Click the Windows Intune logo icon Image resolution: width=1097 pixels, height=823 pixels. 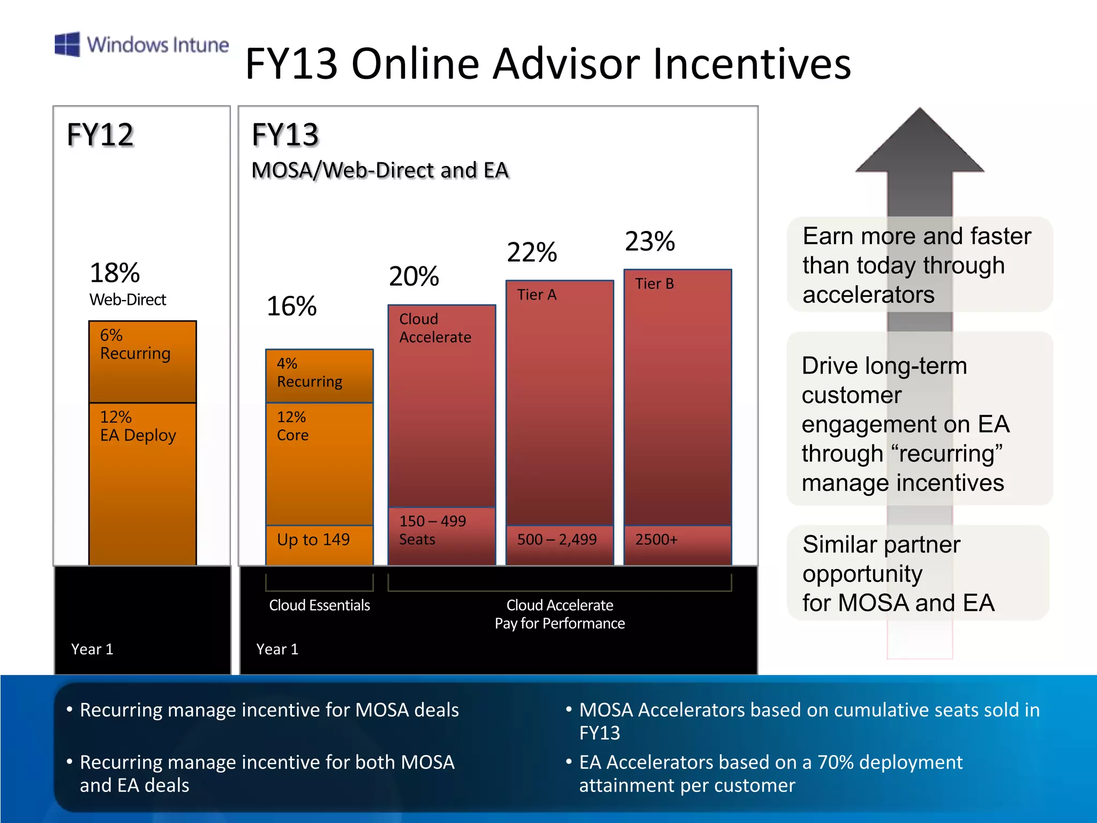(x=67, y=44)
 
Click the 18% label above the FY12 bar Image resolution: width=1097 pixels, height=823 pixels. (x=115, y=273)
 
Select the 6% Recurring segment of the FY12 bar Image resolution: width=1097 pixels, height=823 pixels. (x=142, y=362)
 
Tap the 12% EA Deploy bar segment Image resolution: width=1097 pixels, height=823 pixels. (x=142, y=482)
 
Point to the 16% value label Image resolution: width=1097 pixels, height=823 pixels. (x=292, y=306)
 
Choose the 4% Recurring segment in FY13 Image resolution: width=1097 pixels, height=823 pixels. (x=319, y=376)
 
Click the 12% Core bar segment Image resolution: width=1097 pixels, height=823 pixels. (x=319, y=463)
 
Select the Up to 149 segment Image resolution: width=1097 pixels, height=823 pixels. (x=319, y=544)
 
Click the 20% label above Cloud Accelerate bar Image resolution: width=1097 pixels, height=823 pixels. (x=414, y=276)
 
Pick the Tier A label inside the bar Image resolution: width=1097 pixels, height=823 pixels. (x=537, y=295)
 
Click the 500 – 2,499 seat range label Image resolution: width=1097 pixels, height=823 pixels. (x=557, y=540)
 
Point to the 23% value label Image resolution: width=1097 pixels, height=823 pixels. (x=650, y=241)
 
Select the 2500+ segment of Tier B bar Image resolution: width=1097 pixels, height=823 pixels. (x=677, y=544)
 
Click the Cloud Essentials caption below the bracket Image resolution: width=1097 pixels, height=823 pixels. (x=319, y=605)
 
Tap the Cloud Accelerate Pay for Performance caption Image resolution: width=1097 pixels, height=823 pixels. (x=560, y=614)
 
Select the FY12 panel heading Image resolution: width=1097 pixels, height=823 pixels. (x=100, y=134)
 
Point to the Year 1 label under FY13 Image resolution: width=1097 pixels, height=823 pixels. (x=277, y=649)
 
